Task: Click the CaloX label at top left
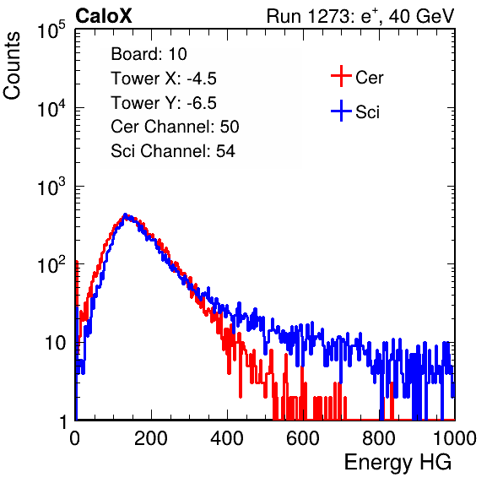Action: (103, 16)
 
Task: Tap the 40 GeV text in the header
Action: (421, 16)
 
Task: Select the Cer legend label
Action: (369, 78)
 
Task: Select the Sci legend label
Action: (368, 112)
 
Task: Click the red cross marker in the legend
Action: (341, 76)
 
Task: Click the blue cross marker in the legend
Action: (341, 111)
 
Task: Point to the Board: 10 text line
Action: (149, 54)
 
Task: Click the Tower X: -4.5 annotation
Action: (164, 79)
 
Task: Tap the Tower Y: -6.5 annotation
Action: (164, 103)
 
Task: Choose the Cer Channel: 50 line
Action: (176, 127)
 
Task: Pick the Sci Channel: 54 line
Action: (173, 151)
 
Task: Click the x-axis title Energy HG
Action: (398, 463)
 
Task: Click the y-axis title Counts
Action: (12, 66)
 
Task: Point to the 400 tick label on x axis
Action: (227, 438)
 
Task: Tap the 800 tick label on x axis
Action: (379, 438)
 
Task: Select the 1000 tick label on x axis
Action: (455, 438)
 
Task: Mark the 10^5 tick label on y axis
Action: (51, 30)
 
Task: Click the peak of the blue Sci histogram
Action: (126, 214)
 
